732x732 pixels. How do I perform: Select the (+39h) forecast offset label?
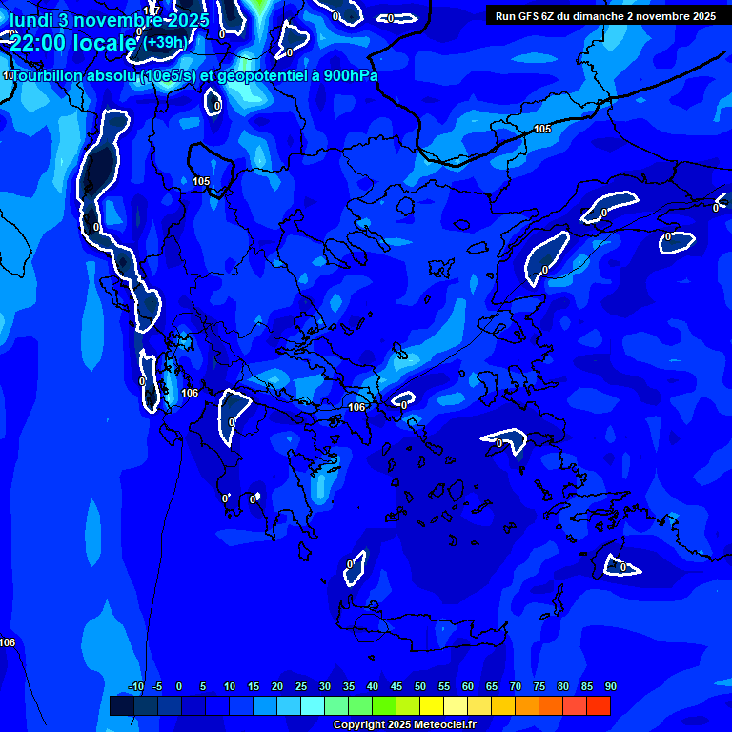point(165,42)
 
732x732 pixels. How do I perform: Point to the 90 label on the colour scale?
point(610,686)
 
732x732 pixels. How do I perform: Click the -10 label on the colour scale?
point(135,686)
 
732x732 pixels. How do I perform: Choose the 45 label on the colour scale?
point(396,686)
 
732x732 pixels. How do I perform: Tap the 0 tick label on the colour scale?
point(179,686)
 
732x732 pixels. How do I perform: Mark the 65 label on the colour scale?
point(491,686)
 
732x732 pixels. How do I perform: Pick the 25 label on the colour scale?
point(300,686)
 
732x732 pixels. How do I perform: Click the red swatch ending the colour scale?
point(599,705)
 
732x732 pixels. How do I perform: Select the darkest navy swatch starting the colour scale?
point(121,705)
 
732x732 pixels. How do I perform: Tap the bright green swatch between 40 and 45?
point(384,705)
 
